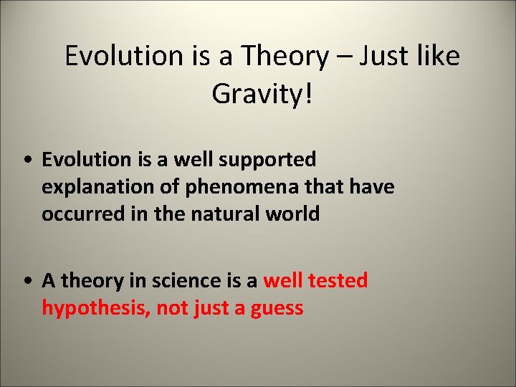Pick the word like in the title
[437, 55]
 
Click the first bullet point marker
[27, 159]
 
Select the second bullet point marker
[27, 281]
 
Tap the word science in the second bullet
[198, 280]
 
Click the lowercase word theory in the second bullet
[90, 281]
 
